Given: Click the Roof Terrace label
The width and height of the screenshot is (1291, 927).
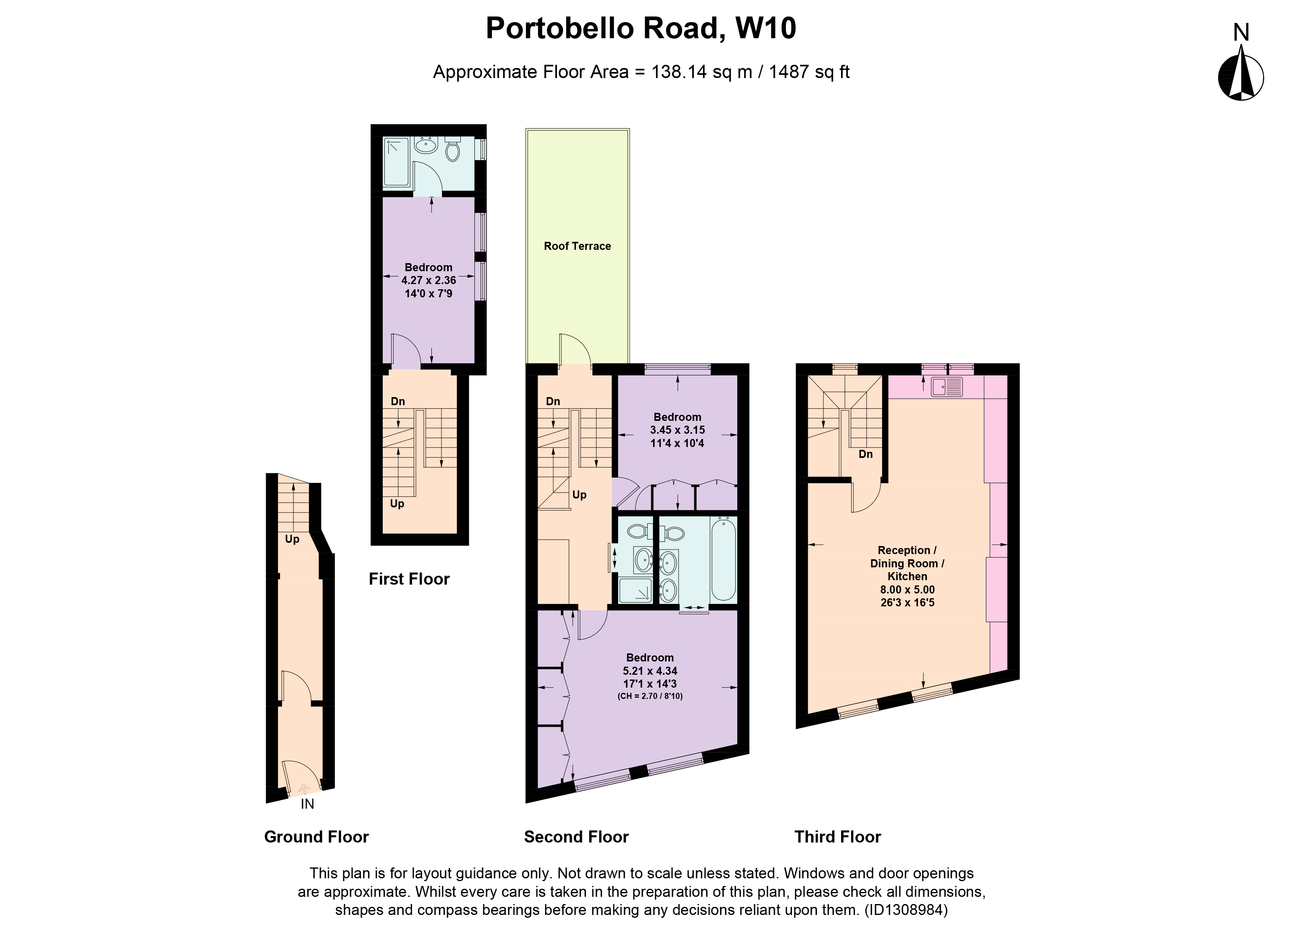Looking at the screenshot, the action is pyautogui.click(x=577, y=246).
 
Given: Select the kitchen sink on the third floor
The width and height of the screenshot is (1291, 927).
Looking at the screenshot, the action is pyautogui.click(x=947, y=387).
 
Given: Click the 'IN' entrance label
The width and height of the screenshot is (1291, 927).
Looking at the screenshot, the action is pyautogui.click(x=307, y=804).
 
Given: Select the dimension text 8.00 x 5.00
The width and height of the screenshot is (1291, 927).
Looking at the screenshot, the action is pyautogui.click(x=907, y=589).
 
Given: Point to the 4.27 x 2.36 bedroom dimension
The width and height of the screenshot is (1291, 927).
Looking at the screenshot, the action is pyautogui.click(x=429, y=280).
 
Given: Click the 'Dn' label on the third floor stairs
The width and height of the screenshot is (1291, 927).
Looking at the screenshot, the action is pyautogui.click(x=866, y=454).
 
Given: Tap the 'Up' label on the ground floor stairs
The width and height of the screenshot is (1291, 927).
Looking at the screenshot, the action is pyautogui.click(x=292, y=539).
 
